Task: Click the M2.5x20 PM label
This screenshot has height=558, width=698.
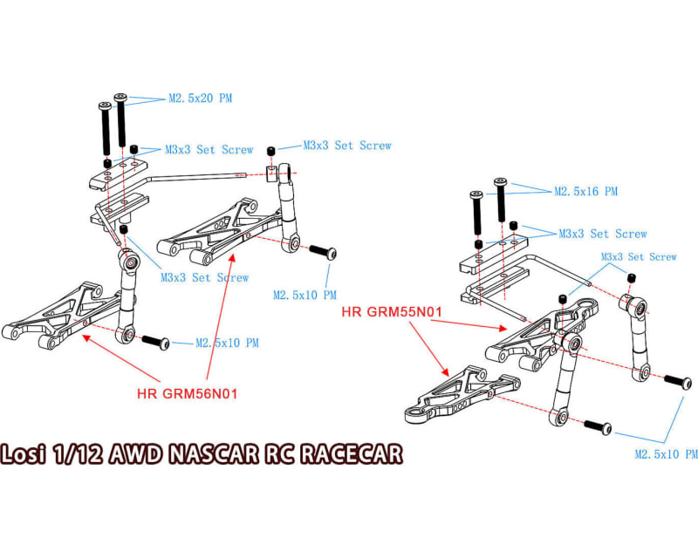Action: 200,99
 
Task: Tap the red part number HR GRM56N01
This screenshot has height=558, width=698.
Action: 188,392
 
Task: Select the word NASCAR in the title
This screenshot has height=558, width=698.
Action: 213,455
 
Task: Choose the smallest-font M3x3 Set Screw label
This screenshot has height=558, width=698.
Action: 639,257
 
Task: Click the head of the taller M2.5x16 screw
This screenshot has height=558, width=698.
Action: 500,183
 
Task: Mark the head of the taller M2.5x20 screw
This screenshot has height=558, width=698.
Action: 119,97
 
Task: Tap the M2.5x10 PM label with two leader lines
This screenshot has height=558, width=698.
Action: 667,454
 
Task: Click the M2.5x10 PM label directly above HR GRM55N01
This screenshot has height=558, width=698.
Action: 305,296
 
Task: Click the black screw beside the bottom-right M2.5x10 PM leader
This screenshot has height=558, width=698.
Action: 596,426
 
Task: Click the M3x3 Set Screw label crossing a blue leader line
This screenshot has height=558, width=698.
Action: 204,278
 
